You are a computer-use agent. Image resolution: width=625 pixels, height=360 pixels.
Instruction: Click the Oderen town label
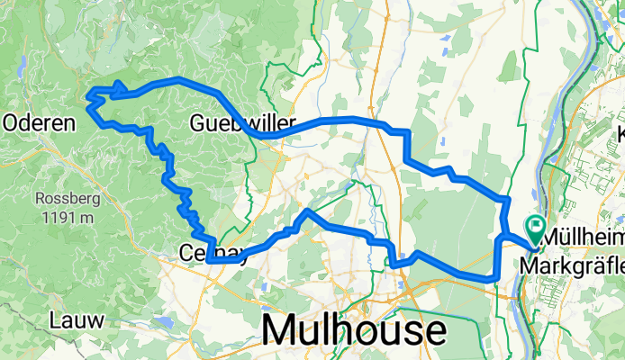[38, 124]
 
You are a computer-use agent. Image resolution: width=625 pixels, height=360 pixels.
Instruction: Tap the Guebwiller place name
[226, 122]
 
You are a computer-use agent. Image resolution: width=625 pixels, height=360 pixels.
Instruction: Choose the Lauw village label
[76, 319]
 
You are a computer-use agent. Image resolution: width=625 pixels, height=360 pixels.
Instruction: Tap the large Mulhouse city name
[353, 330]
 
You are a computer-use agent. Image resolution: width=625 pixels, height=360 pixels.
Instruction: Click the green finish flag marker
[536, 227]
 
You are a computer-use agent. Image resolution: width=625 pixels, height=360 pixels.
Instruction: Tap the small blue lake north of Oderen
[20, 66]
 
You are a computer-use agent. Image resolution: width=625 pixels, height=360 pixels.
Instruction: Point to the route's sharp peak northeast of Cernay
[307, 211]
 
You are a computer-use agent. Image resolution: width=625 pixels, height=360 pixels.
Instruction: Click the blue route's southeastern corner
[494, 277]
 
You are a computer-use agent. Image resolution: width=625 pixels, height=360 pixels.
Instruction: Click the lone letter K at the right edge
[620, 135]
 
